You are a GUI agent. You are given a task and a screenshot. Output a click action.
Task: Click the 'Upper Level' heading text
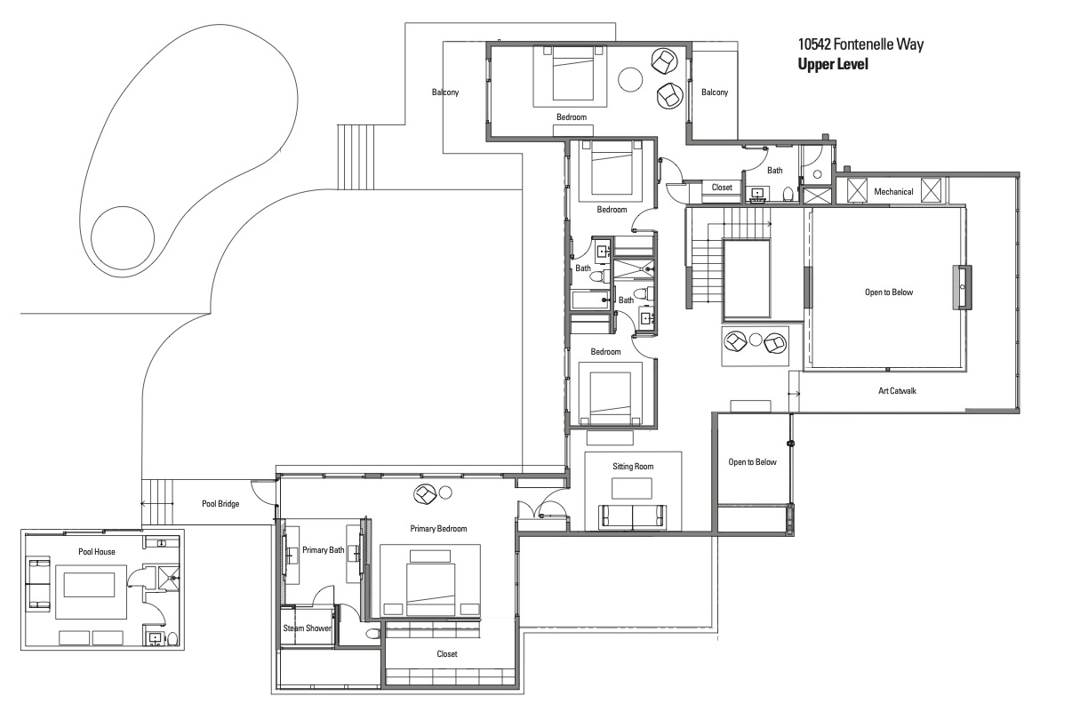coord(833,64)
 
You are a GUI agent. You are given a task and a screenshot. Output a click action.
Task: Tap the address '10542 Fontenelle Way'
coord(860,44)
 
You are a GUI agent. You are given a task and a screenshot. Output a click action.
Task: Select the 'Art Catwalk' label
coord(897,390)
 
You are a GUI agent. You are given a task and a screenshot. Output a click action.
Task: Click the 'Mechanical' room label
coord(893,191)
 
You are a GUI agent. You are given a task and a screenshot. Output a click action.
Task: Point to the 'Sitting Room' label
coord(633,467)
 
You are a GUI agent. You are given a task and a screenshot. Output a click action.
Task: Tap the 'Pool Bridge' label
coord(220,504)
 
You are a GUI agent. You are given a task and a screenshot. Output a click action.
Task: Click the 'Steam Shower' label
coord(307,628)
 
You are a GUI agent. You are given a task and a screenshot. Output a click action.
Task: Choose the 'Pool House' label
coord(97,551)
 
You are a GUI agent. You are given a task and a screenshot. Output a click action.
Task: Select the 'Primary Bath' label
coord(323,550)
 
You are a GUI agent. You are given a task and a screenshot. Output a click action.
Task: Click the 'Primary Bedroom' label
coord(438,529)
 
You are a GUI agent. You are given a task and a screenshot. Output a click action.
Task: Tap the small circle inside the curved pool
coord(123,238)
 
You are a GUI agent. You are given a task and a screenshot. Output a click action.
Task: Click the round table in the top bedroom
coord(630,79)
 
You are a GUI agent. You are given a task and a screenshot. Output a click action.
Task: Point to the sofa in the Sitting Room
coord(632,517)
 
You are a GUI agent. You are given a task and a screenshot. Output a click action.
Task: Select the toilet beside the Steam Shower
coord(372,634)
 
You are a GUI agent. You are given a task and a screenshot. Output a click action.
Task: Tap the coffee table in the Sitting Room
coord(631,488)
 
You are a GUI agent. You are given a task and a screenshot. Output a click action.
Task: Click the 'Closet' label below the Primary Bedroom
coord(447,654)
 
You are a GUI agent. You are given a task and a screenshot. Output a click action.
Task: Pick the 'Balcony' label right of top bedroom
coord(715,92)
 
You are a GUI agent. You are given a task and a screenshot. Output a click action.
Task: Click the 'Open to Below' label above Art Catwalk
coord(888,292)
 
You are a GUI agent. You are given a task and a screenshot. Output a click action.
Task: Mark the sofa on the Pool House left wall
coord(40,585)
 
